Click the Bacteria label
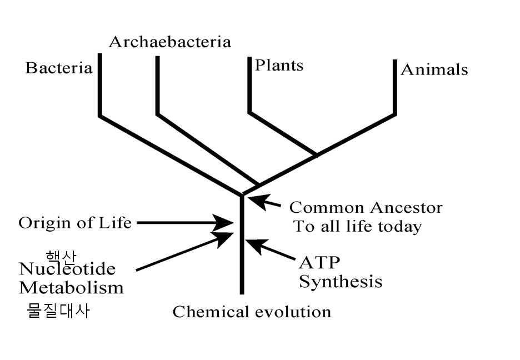pyautogui.click(x=58, y=68)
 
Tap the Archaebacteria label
pyautogui.click(x=169, y=42)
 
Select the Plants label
pyautogui.click(x=279, y=66)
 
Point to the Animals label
pyautogui.click(x=434, y=69)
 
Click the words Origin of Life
pyautogui.click(x=75, y=223)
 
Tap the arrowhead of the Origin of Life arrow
pyautogui.click(x=228, y=223)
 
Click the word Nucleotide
pyautogui.click(x=67, y=269)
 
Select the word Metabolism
pyautogui.click(x=71, y=288)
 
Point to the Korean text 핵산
pyautogui.click(x=61, y=256)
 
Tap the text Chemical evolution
pyautogui.click(x=252, y=312)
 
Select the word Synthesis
pyautogui.click(x=341, y=281)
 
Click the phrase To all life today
pyautogui.click(x=357, y=227)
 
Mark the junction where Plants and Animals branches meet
pyautogui.click(x=317, y=155)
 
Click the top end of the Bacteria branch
pyautogui.click(x=100, y=54)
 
